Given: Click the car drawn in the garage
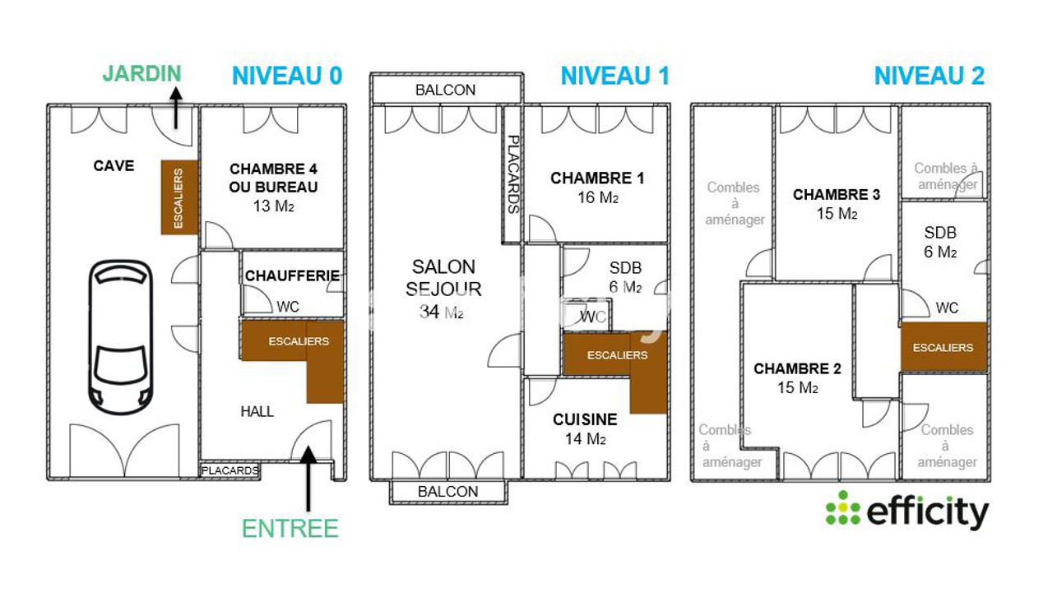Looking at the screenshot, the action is point(121,337).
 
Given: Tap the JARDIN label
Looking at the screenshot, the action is point(142,73).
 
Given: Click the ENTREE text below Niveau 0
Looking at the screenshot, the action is point(290,529).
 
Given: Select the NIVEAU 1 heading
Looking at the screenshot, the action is point(615,76).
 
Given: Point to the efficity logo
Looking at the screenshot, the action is point(906,511).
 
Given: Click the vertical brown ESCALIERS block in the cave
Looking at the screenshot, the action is point(179,197).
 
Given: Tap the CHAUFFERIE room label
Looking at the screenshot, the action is point(292,276).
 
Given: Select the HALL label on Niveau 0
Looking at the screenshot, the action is point(257,411).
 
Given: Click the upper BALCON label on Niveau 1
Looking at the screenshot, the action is point(446,90).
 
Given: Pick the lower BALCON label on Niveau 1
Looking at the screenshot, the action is point(448,492).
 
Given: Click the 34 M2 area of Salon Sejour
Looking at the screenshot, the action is point(442,312).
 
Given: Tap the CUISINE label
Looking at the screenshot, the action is point(586,419).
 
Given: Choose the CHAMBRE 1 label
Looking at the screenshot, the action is point(597,178).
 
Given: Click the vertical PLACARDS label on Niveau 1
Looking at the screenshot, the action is point(513,174).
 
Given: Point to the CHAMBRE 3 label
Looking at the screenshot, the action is point(837,194).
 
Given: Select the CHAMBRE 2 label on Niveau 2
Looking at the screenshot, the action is point(798,368).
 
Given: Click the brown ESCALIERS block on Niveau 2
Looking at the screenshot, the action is point(943,347).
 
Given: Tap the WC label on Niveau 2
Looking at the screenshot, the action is point(947,308).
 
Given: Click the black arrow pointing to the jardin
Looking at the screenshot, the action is point(175,108).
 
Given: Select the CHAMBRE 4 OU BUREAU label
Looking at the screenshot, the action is point(273,178).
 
